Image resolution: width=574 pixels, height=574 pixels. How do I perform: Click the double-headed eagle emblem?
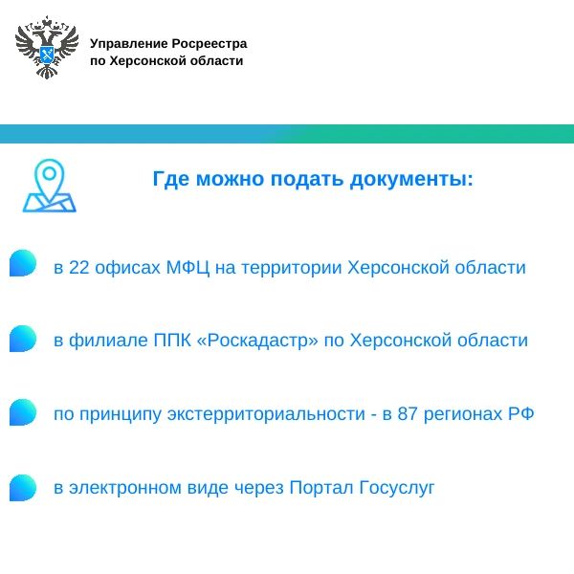coord(47,47)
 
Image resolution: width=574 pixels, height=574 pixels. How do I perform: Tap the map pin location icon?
coord(50,186)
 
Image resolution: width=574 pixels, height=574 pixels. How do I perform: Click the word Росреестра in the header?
coord(210,44)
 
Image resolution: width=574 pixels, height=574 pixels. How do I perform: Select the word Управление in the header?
coord(128,44)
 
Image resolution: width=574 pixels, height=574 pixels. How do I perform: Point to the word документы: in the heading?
coord(411,180)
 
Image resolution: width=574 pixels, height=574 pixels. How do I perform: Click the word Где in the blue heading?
coord(171,179)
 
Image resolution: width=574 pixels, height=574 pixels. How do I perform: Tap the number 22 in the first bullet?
coord(79,268)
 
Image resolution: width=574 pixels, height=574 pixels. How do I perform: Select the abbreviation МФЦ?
coord(188,268)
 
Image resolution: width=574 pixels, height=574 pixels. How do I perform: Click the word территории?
coord(292,268)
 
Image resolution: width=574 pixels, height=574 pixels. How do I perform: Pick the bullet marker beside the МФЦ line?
coord(23,263)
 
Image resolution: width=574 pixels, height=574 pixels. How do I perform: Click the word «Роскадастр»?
coord(257,341)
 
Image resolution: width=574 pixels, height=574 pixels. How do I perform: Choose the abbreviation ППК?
coord(172,340)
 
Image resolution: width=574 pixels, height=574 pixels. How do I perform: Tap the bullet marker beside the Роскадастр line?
coord(23,339)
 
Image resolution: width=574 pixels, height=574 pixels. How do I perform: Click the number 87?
coord(408,414)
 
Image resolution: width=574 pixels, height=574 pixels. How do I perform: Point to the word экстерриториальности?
coord(266,415)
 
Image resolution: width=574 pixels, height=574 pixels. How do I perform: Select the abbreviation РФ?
coord(520,414)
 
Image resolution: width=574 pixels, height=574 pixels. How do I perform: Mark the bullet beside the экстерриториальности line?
coord(23,412)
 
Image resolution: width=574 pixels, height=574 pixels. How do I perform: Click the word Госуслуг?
coord(397,488)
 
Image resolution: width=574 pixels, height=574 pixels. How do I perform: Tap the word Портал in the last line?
coord(321,488)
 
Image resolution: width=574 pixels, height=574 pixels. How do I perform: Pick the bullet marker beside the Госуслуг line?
coord(23,488)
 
